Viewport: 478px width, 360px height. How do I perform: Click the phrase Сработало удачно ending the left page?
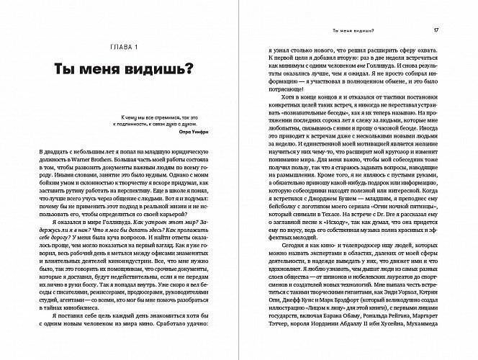coord(189,335)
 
